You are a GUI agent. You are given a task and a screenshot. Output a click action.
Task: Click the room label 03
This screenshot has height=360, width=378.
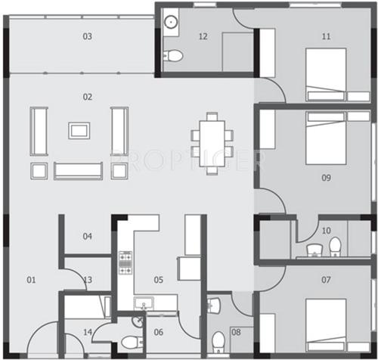[x=88, y=36]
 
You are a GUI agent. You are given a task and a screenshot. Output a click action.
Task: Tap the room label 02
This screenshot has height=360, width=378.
[x=88, y=96]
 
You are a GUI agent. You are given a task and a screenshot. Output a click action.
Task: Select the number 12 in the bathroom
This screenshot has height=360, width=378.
[x=203, y=36]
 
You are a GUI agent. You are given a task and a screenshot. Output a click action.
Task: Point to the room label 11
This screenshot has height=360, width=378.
[x=326, y=36]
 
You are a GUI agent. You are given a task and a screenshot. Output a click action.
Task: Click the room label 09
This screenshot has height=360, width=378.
[x=326, y=178]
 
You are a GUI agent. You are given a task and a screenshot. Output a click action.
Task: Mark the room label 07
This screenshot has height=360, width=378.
[x=326, y=280]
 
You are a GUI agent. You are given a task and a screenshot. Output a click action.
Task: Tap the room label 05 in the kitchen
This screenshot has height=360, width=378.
[x=159, y=280]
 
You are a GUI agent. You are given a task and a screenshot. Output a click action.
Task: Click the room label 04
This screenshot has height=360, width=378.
[x=88, y=236]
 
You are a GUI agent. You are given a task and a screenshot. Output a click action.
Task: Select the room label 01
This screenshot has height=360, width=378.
[x=32, y=280]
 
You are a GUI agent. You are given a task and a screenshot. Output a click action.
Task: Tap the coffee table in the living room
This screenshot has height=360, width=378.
[x=79, y=130]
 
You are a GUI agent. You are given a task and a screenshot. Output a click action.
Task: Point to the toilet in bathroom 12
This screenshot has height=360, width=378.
[x=174, y=55]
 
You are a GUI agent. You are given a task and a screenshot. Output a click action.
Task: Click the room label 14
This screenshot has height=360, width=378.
[x=88, y=331]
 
